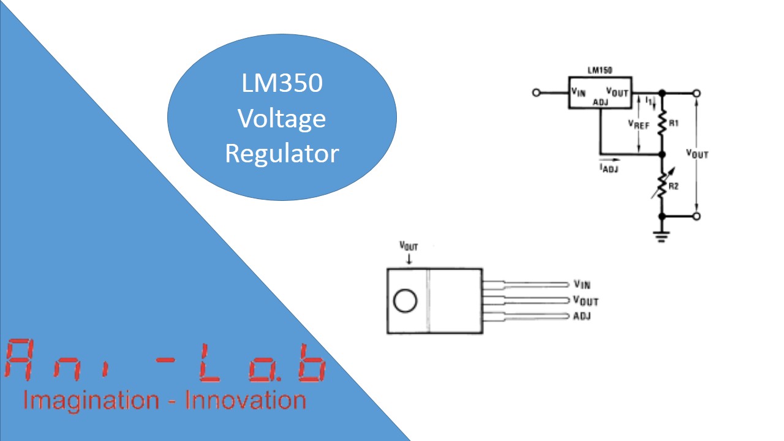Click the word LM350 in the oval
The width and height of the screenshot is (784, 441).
click(282, 83)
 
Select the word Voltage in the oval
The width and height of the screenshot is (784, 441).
click(282, 118)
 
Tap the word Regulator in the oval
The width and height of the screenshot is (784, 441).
click(282, 153)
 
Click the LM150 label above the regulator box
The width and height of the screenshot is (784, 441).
click(600, 71)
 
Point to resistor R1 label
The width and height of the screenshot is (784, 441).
click(674, 124)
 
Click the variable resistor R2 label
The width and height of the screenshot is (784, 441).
click(674, 186)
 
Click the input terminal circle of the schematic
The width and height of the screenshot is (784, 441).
click(537, 93)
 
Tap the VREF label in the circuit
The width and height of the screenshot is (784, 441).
click(639, 124)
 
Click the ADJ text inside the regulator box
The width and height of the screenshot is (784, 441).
click(601, 103)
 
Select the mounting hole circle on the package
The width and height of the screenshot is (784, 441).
click(405, 301)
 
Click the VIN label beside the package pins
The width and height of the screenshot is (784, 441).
click(582, 284)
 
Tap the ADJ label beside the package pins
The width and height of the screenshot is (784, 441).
click(582, 316)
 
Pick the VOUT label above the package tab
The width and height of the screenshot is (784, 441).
click(409, 246)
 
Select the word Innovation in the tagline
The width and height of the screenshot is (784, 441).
click(245, 401)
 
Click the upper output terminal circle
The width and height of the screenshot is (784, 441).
click(696, 93)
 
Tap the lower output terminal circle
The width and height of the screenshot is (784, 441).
click(696, 216)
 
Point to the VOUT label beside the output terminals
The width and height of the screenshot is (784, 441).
click(697, 153)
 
